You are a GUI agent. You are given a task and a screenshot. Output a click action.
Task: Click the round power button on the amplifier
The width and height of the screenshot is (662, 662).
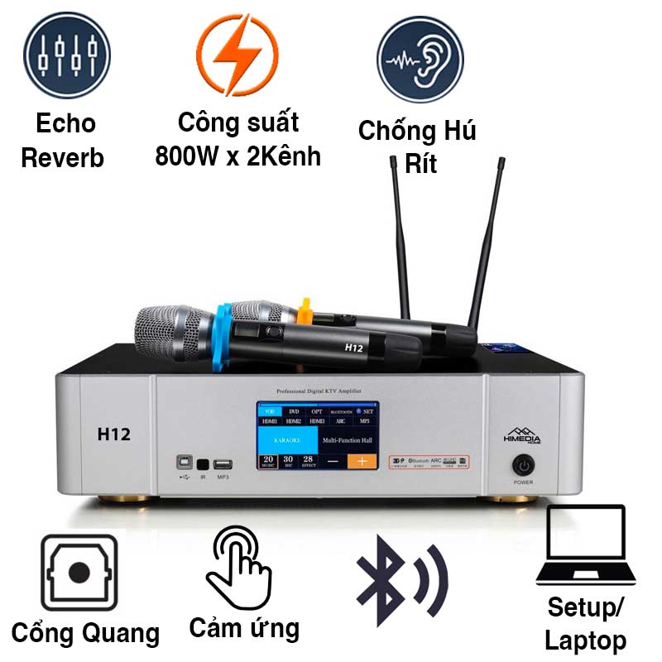click(522, 464)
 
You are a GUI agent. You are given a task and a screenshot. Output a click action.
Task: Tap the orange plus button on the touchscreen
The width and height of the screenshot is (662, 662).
click(361, 461)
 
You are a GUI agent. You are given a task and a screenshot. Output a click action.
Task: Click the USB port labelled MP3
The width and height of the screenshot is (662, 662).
click(222, 465)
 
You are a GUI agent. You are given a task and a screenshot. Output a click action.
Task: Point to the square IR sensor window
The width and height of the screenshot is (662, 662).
click(203, 465)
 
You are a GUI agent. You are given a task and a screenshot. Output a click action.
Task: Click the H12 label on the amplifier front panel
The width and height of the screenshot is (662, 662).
click(113, 434)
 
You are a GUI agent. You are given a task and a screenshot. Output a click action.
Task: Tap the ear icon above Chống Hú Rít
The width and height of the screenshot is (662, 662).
click(418, 59)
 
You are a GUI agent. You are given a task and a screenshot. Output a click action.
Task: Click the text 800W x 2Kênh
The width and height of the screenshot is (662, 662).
click(237, 156)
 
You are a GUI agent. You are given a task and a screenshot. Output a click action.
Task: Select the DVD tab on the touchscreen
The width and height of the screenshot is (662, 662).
click(294, 410)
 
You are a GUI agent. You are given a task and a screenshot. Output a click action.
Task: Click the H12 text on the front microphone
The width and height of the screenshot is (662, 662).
click(355, 348)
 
